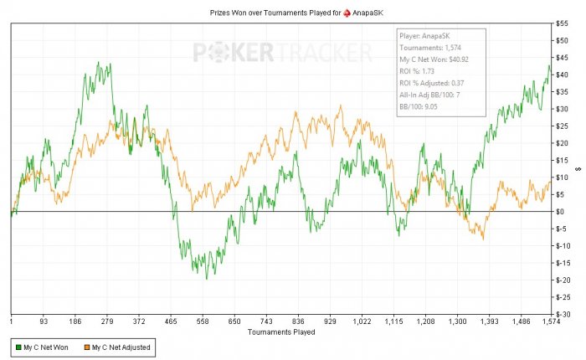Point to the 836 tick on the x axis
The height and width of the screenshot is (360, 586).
[298, 321]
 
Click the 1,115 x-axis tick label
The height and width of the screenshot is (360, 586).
[393, 321]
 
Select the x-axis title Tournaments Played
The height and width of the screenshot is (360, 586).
[281, 332]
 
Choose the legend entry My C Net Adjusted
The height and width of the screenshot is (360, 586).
[121, 347]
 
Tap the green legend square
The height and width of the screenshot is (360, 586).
[17, 347]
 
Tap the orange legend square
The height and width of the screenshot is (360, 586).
[85, 347]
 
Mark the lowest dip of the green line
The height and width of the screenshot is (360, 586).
[206, 277]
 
